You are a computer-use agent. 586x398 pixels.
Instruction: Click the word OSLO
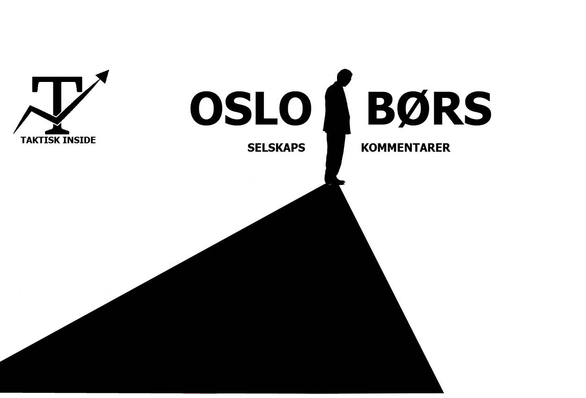pyautogui.click(x=251, y=109)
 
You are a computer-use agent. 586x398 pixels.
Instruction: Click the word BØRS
pyautogui.click(x=429, y=109)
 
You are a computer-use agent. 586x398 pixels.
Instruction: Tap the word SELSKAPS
pyautogui.click(x=276, y=148)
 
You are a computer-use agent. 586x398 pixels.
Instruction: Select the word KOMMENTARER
pyautogui.click(x=405, y=148)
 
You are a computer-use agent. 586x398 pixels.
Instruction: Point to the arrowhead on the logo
pyautogui.click(x=103, y=76)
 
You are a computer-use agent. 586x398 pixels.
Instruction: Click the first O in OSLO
pyautogui.click(x=206, y=109)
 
